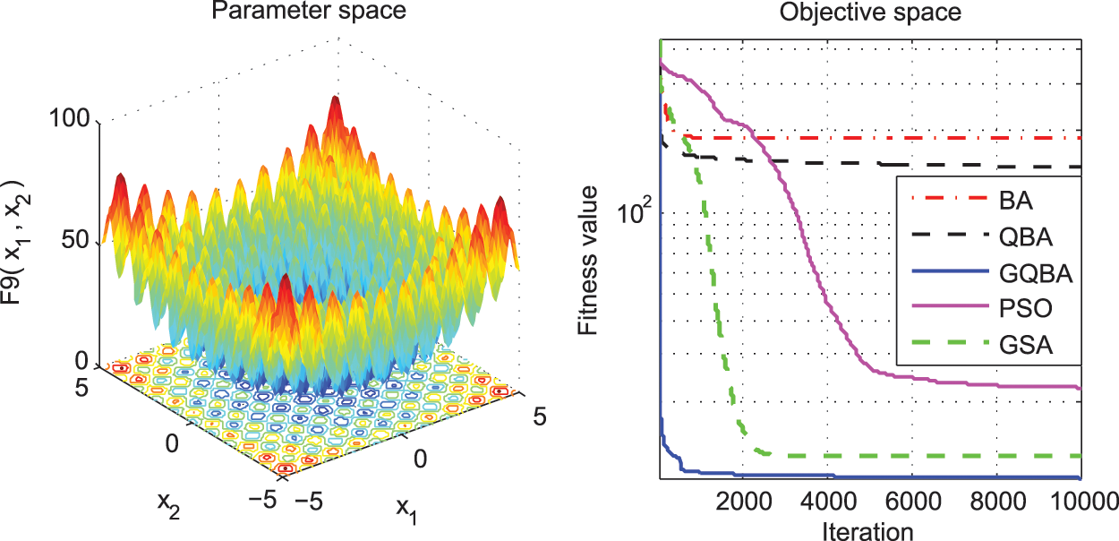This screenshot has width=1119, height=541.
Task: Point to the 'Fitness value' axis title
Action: coord(587,258)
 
